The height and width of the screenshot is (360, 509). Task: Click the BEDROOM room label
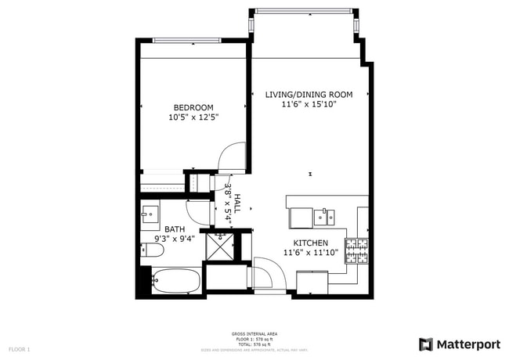point(193,107)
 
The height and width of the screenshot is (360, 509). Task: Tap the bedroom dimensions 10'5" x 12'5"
point(193,117)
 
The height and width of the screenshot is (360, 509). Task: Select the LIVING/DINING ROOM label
point(308,95)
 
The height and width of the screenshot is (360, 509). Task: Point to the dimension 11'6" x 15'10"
point(309,104)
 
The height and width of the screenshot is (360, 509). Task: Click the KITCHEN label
point(310,243)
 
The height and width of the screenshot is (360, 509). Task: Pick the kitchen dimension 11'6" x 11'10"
point(310,252)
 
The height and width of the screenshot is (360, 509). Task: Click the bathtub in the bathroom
point(173,281)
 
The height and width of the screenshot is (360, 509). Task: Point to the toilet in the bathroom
point(152,250)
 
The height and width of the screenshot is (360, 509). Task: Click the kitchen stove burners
point(358,250)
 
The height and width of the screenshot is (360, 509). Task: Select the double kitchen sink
point(324,216)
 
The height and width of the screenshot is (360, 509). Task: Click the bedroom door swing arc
point(230,157)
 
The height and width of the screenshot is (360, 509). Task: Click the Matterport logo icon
point(425,344)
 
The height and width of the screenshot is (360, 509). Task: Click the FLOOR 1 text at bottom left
point(20,348)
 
